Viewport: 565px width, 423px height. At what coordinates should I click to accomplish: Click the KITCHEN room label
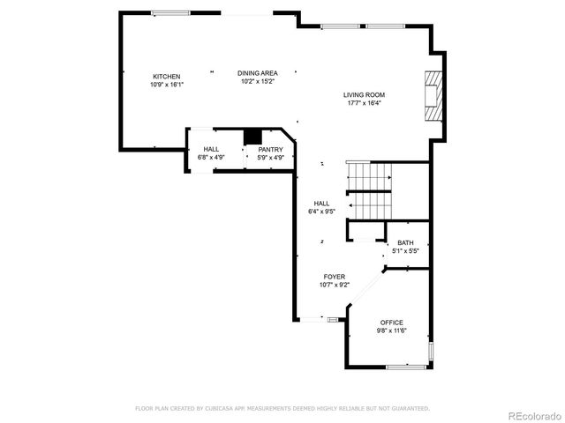(x=166, y=76)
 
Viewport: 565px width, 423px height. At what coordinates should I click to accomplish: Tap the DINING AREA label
(x=257, y=73)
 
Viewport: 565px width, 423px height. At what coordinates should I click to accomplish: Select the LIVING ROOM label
(x=364, y=95)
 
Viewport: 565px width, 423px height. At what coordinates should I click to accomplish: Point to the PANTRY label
(x=270, y=150)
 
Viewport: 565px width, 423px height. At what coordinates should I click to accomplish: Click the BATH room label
(x=404, y=243)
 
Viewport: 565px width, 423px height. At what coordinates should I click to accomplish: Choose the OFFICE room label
(x=391, y=323)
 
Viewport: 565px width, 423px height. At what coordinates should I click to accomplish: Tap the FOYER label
(x=333, y=277)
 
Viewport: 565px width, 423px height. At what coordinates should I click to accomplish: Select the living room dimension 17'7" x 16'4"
(x=364, y=103)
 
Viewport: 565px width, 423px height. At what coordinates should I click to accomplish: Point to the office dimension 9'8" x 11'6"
(x=391, y=330)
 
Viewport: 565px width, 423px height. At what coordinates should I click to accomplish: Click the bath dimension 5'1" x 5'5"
(x=404, y=251)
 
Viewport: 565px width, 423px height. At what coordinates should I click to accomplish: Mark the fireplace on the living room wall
(x=431, y=94)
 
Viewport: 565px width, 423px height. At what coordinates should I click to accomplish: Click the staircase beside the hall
(x=370, y=189)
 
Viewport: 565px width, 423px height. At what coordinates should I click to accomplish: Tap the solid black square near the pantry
(x=253, y=136)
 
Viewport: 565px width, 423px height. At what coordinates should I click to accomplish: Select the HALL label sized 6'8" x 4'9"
(x=211, y=150)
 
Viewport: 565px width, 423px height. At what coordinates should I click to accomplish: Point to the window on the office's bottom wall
(x=404, y=366)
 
